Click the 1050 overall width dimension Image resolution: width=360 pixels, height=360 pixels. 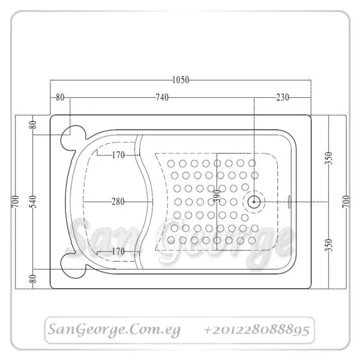181,80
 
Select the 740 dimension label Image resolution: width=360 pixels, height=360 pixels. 162,97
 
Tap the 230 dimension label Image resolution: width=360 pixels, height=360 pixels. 283,97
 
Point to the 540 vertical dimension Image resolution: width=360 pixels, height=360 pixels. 34,202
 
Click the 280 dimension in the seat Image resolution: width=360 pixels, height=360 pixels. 118,202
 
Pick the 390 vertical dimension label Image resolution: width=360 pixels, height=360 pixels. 217,196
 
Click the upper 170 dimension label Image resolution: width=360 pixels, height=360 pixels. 118,155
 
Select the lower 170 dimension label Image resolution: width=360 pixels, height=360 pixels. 118,251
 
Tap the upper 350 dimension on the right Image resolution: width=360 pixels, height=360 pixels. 329,158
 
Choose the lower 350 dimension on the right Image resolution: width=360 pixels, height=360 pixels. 329,245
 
